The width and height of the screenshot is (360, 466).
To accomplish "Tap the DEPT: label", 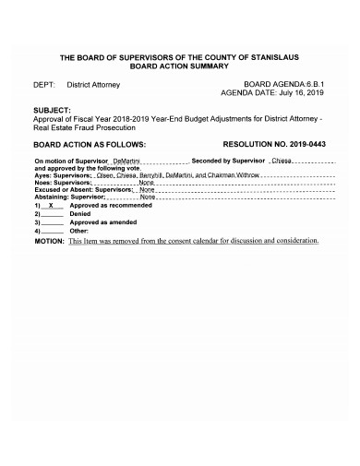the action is tap(46, 84).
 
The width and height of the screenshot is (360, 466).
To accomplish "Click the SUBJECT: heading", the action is tap(57, 109).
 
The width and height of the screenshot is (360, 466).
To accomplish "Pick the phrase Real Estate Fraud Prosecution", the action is tap(85, 126).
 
